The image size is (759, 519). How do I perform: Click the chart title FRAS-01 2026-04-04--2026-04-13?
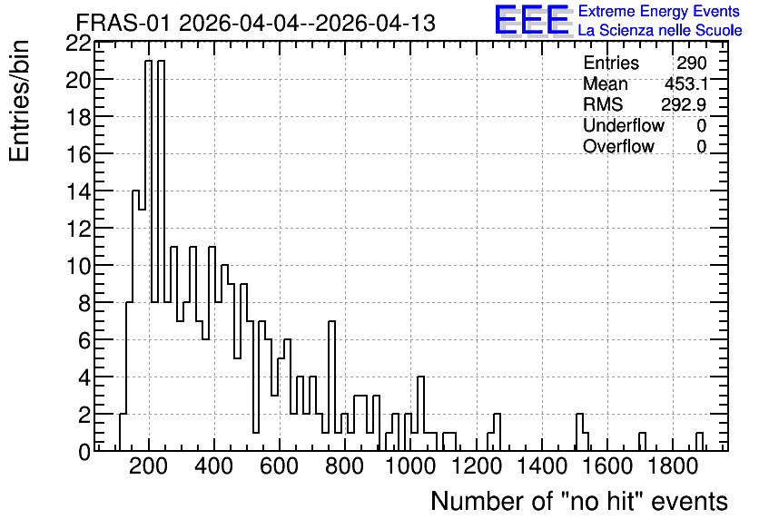[x=256, y=23]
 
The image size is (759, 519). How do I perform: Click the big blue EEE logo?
[x=532, y=21]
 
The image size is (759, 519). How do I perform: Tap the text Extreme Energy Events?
[x=659, y=11]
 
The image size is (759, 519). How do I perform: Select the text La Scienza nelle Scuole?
[x=660, y=30]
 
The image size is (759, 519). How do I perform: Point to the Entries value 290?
[x=692, y=63]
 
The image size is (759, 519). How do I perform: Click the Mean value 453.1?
[x=685, y=83]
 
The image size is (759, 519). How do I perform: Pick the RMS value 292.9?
[x=684, y=104]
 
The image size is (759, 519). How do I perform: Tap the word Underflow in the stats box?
[x=624, y=125]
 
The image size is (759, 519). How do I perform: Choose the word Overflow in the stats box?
[x=618, y=146]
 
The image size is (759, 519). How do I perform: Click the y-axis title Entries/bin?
[x=19, y=102]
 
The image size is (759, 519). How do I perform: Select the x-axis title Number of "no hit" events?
[x=579, y=501]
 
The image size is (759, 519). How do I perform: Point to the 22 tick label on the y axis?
[x=78, y=44]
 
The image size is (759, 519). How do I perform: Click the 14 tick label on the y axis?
[x=78, y=192]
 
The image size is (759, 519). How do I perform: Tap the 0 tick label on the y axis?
[x=84, y=452]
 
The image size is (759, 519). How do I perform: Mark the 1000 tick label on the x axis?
[x=410, y=466]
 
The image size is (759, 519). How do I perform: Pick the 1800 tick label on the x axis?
[x=672, y=466]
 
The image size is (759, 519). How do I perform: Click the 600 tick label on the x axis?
[x=280, y=466]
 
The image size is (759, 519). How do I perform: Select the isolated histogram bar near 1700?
[x=642, y=442]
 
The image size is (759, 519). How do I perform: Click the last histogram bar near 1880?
[x=699, y=442]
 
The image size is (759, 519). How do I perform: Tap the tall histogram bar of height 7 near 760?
[x=331, y=386]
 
